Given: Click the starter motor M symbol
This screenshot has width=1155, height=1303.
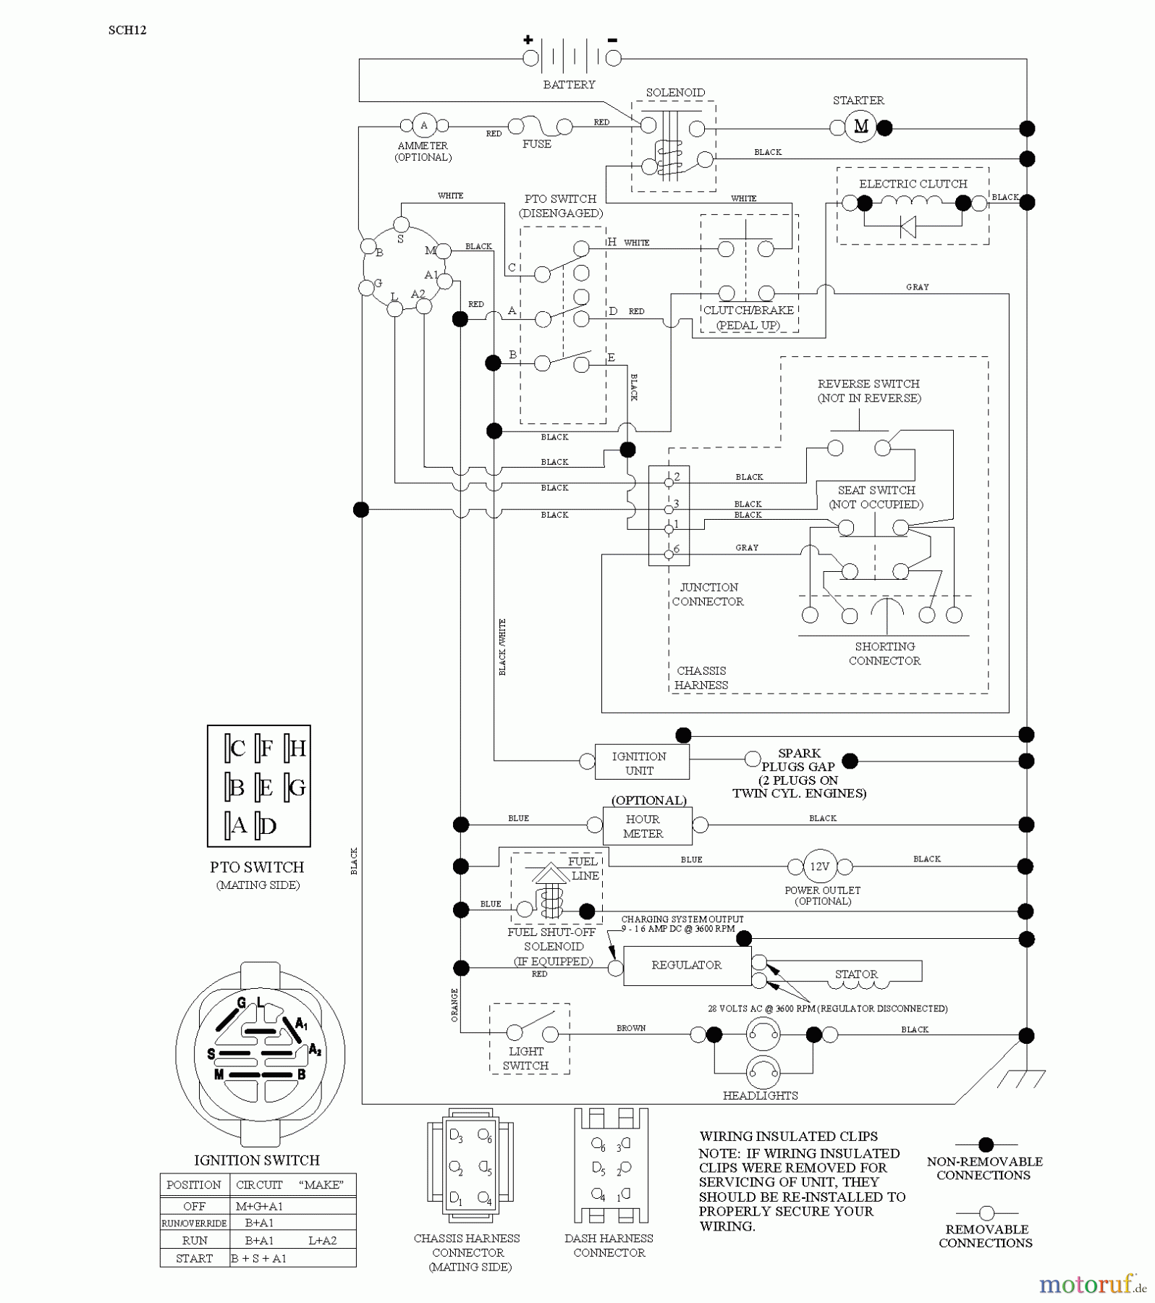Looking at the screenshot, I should [x=860, y=127].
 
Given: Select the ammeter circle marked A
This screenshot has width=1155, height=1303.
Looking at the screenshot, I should [x=424, y=125].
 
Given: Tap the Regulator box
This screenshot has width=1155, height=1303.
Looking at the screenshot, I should [x=687, y=965].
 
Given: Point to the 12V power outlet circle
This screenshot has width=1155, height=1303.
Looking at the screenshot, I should [x=819, y=866].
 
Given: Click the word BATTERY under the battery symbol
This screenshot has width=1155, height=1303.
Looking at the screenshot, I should [x=569, y=85].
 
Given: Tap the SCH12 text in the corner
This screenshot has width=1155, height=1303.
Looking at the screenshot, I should [x=127, y=30].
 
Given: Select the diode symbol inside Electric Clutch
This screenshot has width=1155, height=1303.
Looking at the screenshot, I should [x=907, y=227].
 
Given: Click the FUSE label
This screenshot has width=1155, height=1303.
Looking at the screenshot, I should [x=537, y=144].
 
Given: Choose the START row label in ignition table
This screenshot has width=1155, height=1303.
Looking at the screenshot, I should [x=194, y=1258].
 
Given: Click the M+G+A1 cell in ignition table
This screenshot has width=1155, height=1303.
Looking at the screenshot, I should [x=259, y=1206].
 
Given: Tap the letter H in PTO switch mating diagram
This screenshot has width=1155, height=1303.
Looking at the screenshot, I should [x=297, y=748].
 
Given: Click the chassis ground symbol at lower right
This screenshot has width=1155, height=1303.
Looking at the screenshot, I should [x=1021, y=1078].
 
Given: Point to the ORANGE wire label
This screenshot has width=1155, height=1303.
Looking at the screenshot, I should [x=455, y=1005].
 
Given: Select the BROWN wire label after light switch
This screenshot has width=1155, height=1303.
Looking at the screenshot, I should [x=631, y=1028].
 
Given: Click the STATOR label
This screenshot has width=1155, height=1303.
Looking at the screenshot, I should [x=856, y=974].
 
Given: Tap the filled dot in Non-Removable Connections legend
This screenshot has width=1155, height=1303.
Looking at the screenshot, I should [x=986, y=1144].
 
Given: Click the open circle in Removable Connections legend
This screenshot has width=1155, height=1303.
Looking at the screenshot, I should [x=986, y=1213].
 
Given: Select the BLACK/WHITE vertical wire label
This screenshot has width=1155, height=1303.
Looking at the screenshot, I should [x=502, y=647].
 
